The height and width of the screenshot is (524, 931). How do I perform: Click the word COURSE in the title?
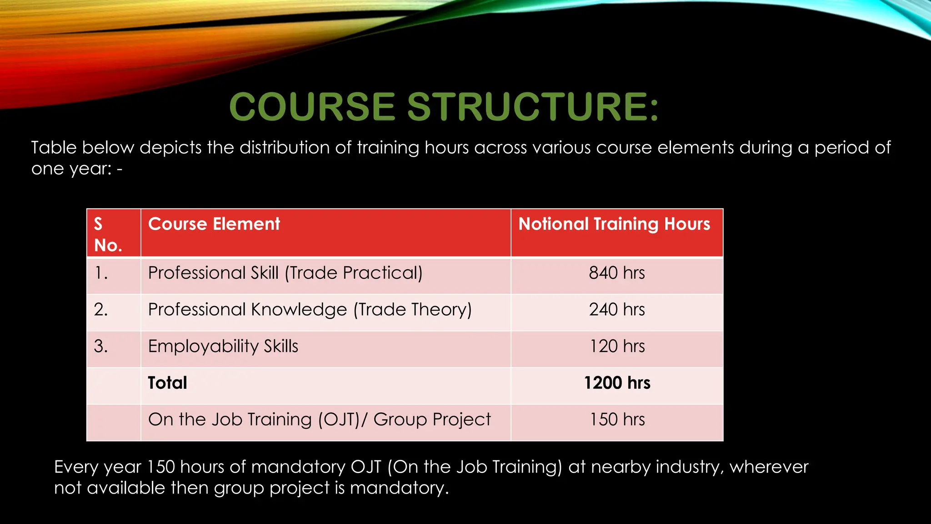312,107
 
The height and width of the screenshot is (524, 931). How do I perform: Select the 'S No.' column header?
108,234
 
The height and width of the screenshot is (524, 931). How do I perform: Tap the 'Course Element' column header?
214,224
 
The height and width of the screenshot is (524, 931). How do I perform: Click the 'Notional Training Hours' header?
614,224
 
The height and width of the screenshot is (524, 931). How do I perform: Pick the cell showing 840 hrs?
617,273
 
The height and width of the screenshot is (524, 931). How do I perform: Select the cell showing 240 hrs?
617,310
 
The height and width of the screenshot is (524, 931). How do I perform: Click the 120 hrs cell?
617,347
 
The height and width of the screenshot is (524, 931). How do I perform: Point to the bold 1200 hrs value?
617,383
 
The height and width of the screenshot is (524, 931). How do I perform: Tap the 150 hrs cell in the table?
617,419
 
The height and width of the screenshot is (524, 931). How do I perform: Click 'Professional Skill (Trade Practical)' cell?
285,273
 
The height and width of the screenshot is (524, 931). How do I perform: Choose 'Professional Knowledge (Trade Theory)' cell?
310,310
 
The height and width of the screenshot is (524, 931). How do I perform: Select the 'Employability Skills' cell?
223,347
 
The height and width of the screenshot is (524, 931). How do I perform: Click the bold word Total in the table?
167,383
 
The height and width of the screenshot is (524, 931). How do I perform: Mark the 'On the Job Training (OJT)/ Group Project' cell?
319,419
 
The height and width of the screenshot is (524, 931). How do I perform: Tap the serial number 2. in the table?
101,310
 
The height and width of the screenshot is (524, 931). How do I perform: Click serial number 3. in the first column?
101,347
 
